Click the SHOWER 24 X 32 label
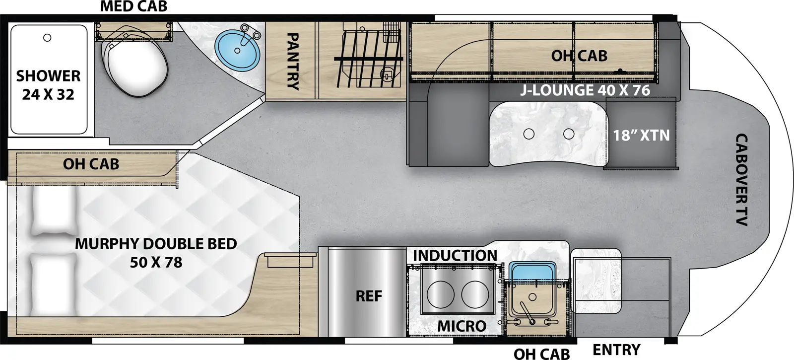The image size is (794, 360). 48,85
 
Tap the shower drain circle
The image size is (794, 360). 47,38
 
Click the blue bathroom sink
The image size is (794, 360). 237,50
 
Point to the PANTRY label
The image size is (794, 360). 292,61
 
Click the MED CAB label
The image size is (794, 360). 133,6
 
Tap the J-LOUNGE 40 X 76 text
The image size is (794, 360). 585,90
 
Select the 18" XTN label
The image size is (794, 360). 641,135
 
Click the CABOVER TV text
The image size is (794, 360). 741,180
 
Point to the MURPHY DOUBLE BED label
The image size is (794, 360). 156,252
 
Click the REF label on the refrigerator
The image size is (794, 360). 369,296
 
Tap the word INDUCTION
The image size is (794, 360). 455,255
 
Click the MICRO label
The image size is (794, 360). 462,326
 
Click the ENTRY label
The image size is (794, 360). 616,350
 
